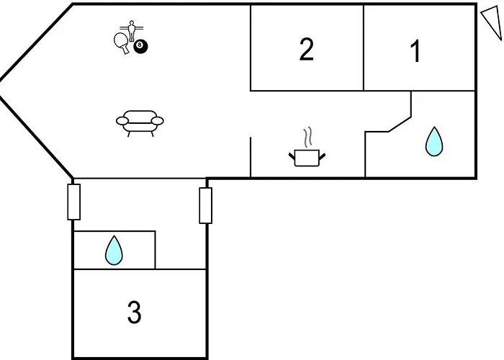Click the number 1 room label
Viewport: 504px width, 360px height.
click(x=415, y=52)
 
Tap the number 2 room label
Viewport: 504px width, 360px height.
click(x=307, y=50)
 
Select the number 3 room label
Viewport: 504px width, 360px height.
click(x=134, y=313)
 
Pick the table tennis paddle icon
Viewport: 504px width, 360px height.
click(x=120, y=42)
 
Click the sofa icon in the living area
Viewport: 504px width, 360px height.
click(x=140, y=122)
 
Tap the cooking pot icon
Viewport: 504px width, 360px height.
click(x=308, y=156)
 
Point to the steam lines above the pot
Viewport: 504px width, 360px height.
click(x=309, y=137)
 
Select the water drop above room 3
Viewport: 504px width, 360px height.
click(x=114, y=251)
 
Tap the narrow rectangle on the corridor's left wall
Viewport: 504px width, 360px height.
click(x=73, y=201)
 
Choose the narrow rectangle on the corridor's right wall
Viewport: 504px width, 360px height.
click(x=205, y=205)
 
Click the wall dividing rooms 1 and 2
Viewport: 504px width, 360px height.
click(x=364, y=48)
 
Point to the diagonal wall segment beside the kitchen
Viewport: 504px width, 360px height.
click(x=400, y=122)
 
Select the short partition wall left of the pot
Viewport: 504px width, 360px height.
click(x=250, y=154)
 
